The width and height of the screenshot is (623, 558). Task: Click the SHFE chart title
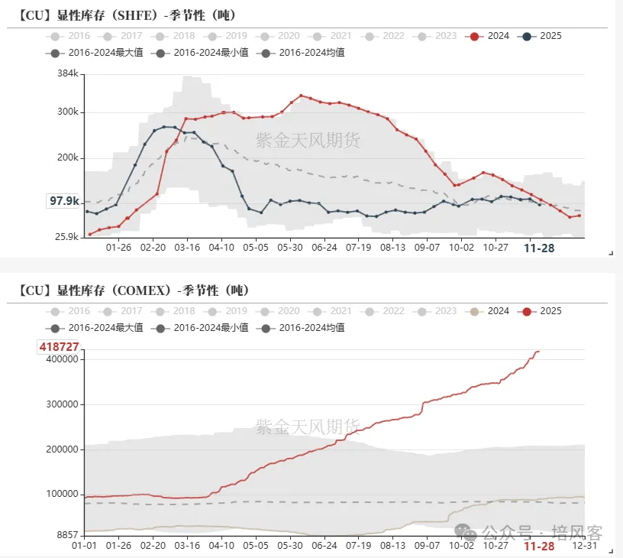coord(127,15)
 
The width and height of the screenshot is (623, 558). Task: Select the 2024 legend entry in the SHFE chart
coord(489,36)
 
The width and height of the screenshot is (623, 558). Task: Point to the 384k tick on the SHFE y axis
coord(68,73)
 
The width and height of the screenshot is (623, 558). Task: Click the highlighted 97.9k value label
coord(64,201)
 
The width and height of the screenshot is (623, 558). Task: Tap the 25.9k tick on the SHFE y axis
coord(66,237)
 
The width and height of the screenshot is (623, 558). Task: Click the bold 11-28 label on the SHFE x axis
coord(539,248)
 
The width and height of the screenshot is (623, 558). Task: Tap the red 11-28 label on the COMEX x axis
coord(539,546)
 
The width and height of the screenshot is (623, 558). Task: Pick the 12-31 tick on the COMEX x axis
coord(584,546)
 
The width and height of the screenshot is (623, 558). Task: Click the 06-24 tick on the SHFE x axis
coord(324,248)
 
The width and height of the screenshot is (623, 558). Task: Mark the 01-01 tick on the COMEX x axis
coord(84,546)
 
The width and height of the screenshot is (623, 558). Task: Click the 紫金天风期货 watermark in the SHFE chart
coord(308,140)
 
